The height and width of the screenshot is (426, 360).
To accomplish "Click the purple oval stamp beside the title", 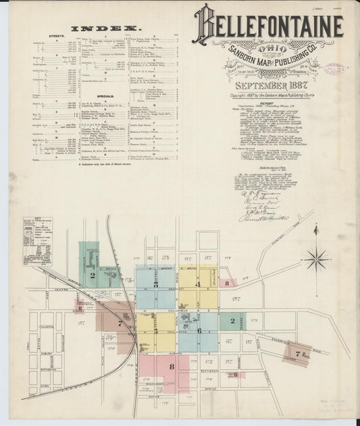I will pyautogui.click(x=334, y=68).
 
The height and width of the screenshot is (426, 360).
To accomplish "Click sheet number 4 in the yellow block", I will pyautogui.click(x=199, y=284).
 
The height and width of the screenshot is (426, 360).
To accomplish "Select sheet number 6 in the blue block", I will pyautogui.click(x=199, y=331).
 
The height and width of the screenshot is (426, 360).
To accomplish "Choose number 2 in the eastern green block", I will pyautogui.click(x=232, y=321).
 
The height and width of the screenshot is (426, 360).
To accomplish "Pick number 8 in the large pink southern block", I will pyautogui.click(x=172, y=367).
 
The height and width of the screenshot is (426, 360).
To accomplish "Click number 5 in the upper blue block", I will pyautogui.click(x=156, y=285).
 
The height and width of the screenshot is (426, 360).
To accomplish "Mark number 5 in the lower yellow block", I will pyautogui.click(x=156, y=331).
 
